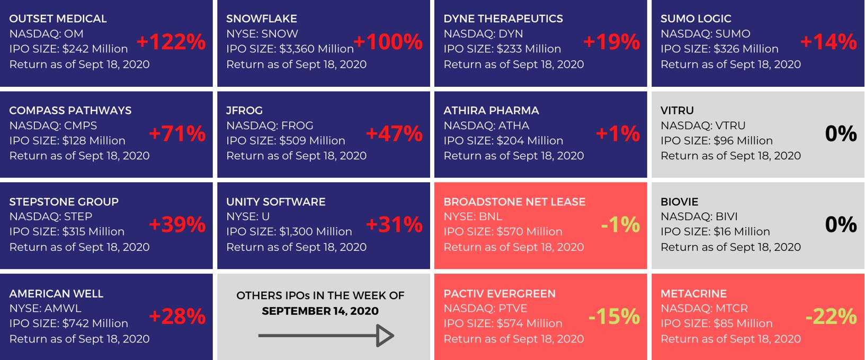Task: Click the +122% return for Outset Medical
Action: point(171,42)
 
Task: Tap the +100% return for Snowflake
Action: point(388,42)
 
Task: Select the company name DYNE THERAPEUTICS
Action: point(503,19)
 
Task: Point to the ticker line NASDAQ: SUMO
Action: point(706,33)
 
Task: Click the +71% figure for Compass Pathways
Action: point(177,133)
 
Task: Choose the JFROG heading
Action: point(244,110)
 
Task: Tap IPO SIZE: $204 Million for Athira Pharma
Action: point(503,140)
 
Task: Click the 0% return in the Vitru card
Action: point(841,133)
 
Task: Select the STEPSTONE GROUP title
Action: point(64,202)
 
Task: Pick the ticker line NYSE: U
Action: point(248,217)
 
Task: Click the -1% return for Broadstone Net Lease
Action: point(621,224)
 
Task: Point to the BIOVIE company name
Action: point(679,202)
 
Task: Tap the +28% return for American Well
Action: point(177,316)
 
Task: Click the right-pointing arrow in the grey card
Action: point(326,335)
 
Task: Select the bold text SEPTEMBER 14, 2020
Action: point(320,311)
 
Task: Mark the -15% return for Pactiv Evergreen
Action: point(614,316)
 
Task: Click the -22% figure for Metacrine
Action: point(831,316)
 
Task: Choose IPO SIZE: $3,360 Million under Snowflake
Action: point(290,49)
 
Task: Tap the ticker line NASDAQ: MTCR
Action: point(705,308)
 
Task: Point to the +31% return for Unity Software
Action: point(394,224)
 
